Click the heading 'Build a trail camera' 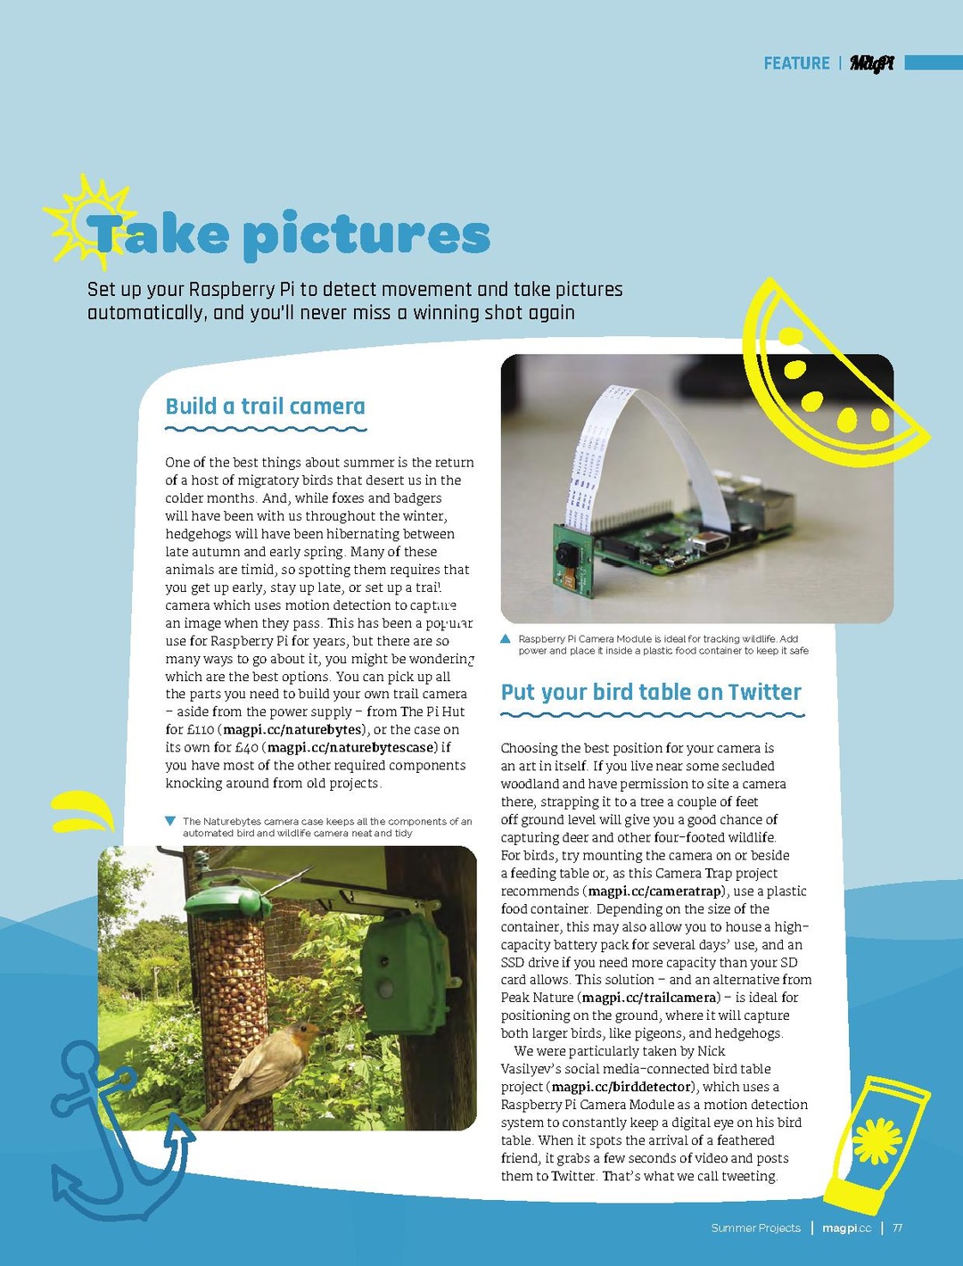pyautogui.click(x=265, y=407)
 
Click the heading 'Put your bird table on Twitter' pyautogui.click(x=651, y=693)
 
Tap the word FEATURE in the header pyautogui.click(x=796, y=63)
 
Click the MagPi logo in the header pyautogui.click(x=871, y=63)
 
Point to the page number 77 pyautogui.click(x=897, y=1228)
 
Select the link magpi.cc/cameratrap pyautogui.click(x=654, y=891)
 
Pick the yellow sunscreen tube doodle pyautogui.click(x=874, y=1141)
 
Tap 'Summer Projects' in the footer pyautogui.click(x=755, y=1228)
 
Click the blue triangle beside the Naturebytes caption pyautogui.click(x=170, y=821)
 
